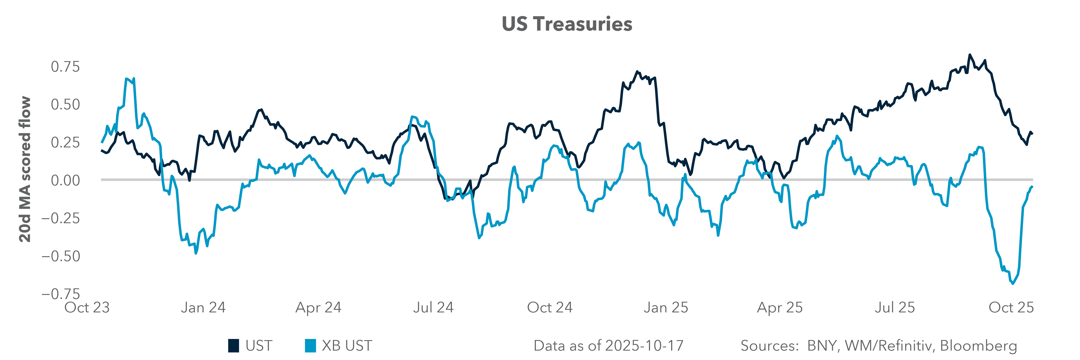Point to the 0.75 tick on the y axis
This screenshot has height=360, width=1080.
click(65, 67)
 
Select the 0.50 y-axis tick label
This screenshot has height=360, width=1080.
click(65, 104)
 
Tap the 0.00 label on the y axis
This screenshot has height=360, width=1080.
click(65, 180)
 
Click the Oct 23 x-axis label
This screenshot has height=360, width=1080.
click(87, 308)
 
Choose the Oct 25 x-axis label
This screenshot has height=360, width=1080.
click(1011, 308)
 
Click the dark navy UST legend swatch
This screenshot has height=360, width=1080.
click(234, 346)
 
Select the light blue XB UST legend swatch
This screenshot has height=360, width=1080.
click(310, 346)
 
